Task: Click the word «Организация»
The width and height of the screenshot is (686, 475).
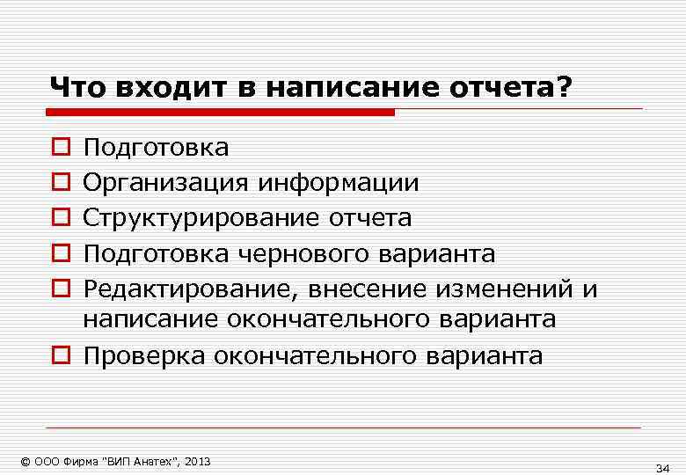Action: [167, 182]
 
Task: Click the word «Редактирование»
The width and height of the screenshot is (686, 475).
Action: [178, 289]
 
